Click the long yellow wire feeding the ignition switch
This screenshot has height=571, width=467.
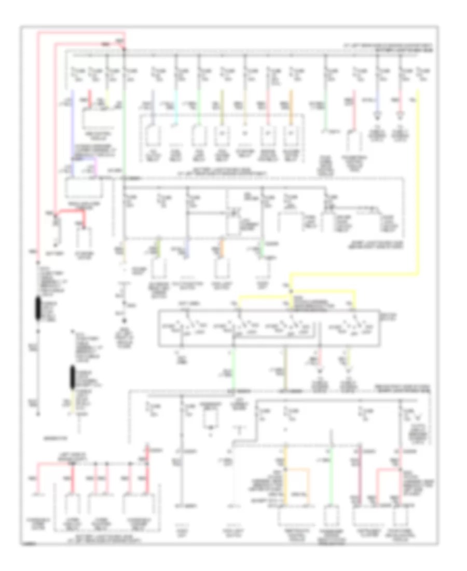click(x=418, y=182)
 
